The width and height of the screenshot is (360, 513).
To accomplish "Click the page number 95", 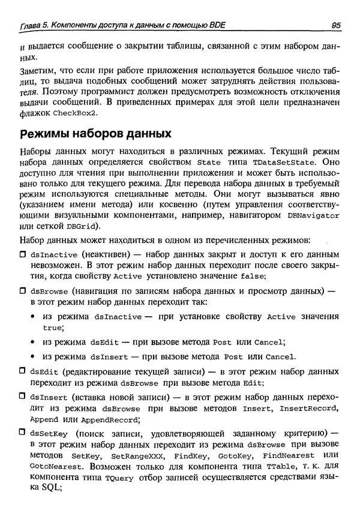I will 335,25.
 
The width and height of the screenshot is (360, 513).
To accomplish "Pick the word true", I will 53,328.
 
